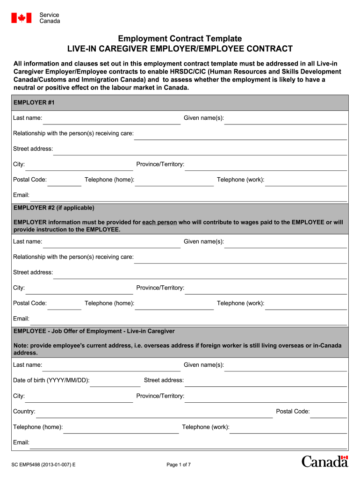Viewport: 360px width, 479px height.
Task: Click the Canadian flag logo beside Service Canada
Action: point(22,18)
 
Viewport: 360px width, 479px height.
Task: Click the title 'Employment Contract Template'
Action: point(180,38)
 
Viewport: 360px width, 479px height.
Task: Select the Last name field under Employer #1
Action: point(111,119)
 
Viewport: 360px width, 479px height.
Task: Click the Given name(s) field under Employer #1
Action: point(285,119)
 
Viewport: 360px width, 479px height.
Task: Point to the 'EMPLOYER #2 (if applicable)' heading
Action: point(54,208)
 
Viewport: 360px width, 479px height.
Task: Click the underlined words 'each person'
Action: point(159,222)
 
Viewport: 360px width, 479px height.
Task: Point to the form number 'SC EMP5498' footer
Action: point(44,464)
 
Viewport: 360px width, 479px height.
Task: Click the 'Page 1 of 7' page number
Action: point(179,464)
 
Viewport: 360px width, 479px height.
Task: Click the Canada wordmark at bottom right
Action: point(324,461)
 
